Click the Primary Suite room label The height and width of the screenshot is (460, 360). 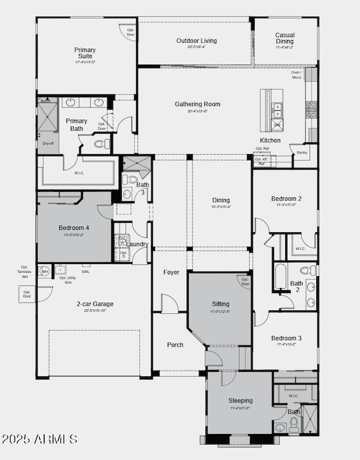85,53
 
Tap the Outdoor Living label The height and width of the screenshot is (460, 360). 197,40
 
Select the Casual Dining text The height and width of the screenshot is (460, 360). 285,38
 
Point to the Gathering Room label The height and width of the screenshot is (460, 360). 197,104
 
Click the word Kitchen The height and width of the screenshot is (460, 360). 270,140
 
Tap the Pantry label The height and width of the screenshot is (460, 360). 302,152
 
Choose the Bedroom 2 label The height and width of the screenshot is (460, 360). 286,198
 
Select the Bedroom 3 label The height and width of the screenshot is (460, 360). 286,338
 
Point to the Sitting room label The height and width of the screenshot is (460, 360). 220,304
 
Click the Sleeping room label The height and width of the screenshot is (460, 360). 240,400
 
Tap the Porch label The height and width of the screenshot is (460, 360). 175,345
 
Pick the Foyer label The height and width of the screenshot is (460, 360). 171,272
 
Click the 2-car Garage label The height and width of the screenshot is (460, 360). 95,303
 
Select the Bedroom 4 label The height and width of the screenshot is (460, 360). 74,227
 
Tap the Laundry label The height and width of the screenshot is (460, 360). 137,244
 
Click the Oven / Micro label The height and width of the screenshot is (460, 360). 296,75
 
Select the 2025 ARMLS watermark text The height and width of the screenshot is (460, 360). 39,439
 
